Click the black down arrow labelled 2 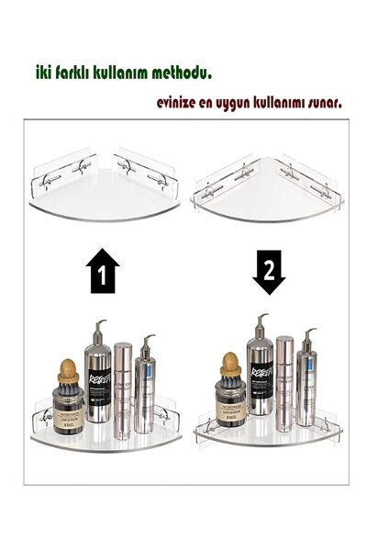[x=268, y=272]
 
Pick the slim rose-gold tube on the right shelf [x=284, y=381]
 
